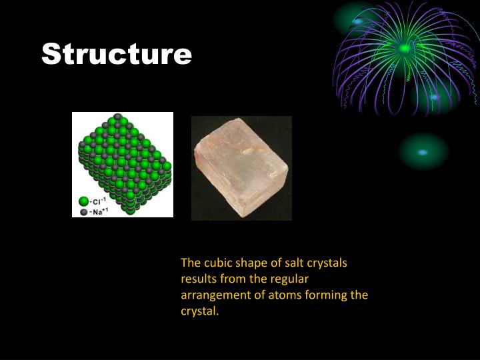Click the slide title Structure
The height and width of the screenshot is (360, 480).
click(117, 54)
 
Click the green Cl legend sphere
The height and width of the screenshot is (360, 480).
click(83, 201)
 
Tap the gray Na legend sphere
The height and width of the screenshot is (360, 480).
click(83, 212)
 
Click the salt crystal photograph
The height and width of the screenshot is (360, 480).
click(241, 167)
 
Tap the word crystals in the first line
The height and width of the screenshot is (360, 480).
click(326, 263)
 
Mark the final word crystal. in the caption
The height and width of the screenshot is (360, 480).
click(200, 311)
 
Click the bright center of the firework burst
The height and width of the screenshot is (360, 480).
click(405, 48)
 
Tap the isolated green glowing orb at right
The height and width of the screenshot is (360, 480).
click(423, 151)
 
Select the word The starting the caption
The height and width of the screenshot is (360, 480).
click(191, 263)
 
